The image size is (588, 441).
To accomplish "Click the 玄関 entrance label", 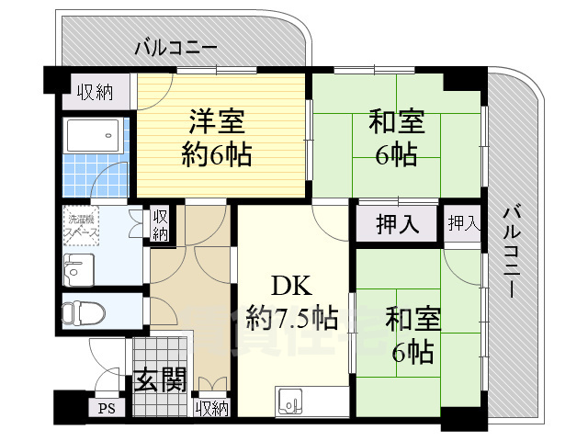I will pyautogui.click(x=162, y=379).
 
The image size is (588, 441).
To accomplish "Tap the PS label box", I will pyautogui.click(x=106, y=408).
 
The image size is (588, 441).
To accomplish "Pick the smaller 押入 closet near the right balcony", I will pyautogui.click(x=463, y=223).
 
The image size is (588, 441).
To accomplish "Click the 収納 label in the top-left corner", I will pyautogui.click(x=95, y=91).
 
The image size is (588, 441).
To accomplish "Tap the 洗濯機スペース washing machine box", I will pyautogui.click(x=82, y=228).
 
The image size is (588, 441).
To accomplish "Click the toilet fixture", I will pyautogui.click(x=81, y=311).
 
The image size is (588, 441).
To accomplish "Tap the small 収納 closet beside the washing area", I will pyautogui.click(x=161, y=225).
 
